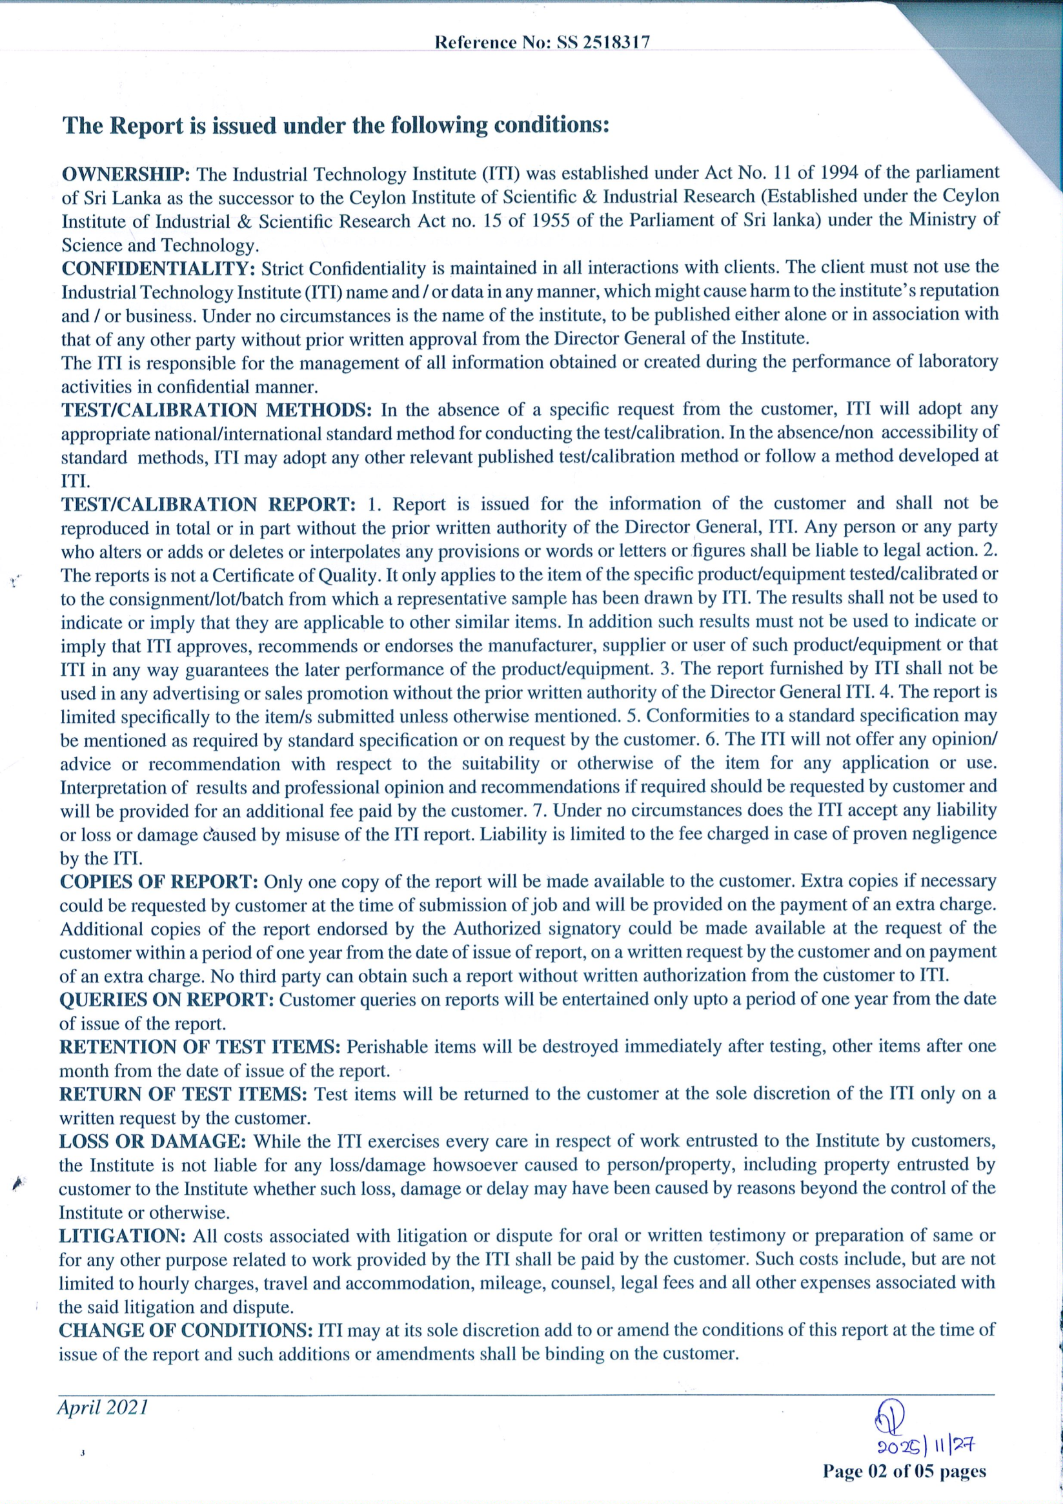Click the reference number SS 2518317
(603, 43)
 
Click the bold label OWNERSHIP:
(126, 174)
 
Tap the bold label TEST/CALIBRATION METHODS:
(217, 411)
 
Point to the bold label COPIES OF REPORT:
(159, 882)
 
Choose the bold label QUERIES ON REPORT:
(167, 1001)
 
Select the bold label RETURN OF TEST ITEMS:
(183, 1095)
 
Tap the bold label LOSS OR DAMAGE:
(152, 1142)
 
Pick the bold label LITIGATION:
(123, 1236)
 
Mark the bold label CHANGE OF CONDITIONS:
(185, 1330)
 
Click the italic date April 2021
(102, 1407)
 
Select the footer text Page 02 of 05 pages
(904, 1471)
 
